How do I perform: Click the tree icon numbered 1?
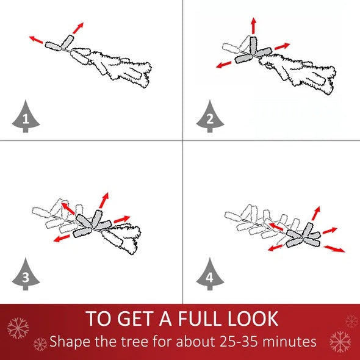(x=26, y=117)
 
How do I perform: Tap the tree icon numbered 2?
(x=210, y=117)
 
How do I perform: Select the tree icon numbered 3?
(x=26, y=275)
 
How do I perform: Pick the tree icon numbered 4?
(x=210, y=275)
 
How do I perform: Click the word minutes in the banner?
(x=289, y=342)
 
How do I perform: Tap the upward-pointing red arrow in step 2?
(x=253, y=26)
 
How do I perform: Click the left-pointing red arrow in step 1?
(x=36, y=40)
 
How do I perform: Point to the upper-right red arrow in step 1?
(x=78, y=28)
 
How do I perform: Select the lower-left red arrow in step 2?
(x=224, y=65)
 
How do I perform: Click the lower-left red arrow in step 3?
(x=62, y=238)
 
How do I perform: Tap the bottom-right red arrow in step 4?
(x=334, y=249)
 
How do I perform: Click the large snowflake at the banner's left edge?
(x=18, y=328)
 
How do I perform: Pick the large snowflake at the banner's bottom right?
(x=340, y=342)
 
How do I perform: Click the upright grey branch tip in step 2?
(x=253, y=46)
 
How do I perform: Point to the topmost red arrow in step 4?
(x=316, y=214)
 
